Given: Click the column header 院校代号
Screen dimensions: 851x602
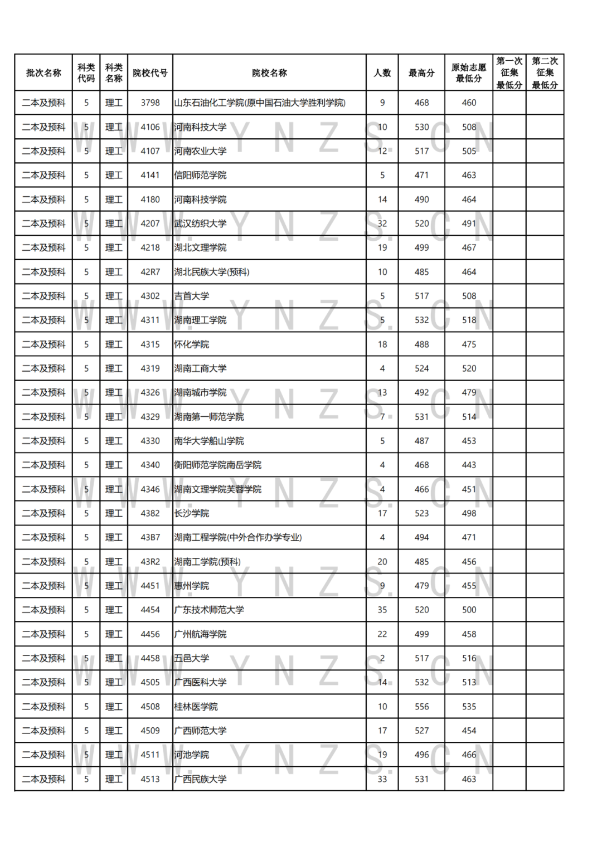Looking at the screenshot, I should point(150,73).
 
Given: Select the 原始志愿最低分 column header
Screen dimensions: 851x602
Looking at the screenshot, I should point(469,73).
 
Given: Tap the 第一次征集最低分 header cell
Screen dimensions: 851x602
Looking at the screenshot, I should point(509,73).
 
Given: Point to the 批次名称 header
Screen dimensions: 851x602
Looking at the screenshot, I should point(43,73).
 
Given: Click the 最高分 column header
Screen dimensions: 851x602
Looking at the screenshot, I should point(421,73).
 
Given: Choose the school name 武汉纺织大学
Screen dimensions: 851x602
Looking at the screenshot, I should point(200,223).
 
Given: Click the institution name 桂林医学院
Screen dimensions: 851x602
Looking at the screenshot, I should point(196,707).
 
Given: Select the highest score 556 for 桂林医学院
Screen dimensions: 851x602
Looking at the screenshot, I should point(421,707).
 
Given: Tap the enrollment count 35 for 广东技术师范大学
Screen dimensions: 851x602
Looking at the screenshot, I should point(382,610).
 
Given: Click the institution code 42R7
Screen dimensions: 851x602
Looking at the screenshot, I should point(150,272).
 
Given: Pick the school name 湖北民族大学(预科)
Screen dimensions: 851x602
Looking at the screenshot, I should point(211,272).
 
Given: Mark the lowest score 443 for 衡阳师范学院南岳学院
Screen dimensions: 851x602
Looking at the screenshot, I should point(469,465).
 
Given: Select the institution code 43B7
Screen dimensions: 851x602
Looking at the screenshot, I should point(150,537).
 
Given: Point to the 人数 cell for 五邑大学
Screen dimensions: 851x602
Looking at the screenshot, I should point(382,658).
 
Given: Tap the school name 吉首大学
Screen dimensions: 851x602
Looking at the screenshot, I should point(191,296).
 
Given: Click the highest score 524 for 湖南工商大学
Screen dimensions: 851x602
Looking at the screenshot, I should point(421,368).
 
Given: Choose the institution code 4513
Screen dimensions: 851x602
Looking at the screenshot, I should point(150,779).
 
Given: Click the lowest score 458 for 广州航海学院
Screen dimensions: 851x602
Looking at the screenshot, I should point(469,634).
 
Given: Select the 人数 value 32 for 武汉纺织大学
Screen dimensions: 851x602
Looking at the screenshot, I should point(382,223).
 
